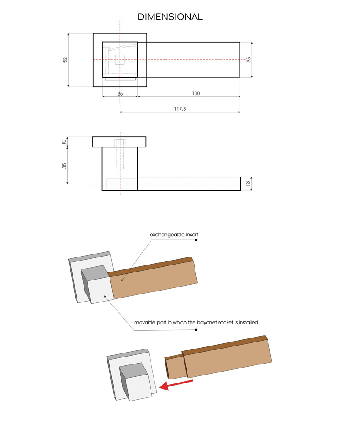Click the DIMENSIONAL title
tap(170, 17)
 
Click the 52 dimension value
tap(65, 60)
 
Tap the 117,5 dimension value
tap(180, 109)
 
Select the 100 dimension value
tap(196, 93)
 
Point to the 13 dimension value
tap(248, 184)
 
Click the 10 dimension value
tap(64, 142)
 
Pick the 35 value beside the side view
tap(64, 166)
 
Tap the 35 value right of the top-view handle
tap(249, 59)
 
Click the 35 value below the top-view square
tap(120, 94)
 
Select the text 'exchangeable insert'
tap(174, 235)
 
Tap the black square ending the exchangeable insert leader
tap(196, 240)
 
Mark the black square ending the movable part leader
tap(196, 329)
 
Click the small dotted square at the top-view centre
tap(120, 60)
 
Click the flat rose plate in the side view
tap(119, 142)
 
